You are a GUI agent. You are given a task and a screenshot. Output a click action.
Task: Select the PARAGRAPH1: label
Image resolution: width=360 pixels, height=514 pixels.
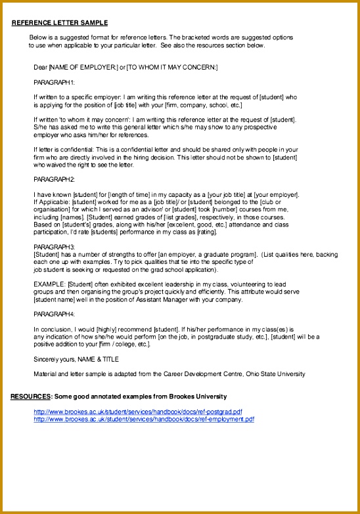point(55,82)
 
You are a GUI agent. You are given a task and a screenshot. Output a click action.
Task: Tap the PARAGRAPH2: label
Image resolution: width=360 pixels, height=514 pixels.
point(55,179)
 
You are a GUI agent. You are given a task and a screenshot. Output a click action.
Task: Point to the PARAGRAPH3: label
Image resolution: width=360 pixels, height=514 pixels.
point(55,246)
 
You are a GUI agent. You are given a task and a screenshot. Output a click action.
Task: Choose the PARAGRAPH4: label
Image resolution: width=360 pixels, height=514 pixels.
point(55,314)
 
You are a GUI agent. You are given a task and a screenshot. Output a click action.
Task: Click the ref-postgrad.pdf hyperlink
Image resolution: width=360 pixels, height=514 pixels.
point(138,412)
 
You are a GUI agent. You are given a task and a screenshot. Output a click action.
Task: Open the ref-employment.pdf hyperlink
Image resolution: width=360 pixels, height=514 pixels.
point(144,419)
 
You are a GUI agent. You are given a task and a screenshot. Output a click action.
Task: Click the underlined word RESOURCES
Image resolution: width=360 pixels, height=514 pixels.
point(30,396)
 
